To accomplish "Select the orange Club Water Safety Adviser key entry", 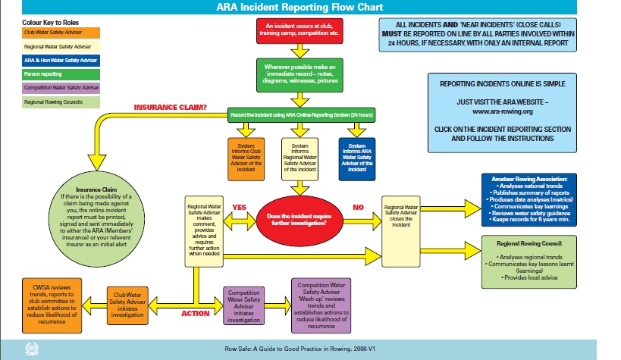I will point(52,33).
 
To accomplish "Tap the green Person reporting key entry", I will point(52,75).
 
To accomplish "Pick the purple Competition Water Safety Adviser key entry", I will point(52,88).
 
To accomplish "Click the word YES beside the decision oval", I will point(240,206).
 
